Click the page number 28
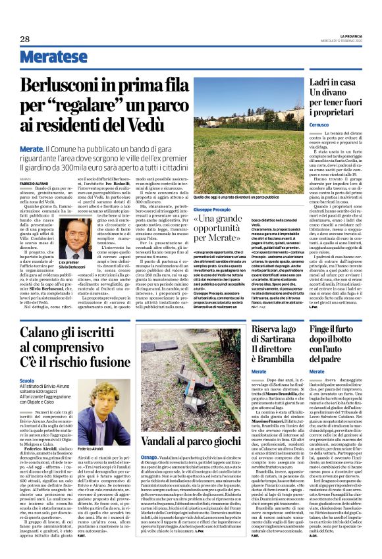(24, 40)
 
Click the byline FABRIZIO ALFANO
(34, 183)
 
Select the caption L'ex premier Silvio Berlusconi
(77, 265)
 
